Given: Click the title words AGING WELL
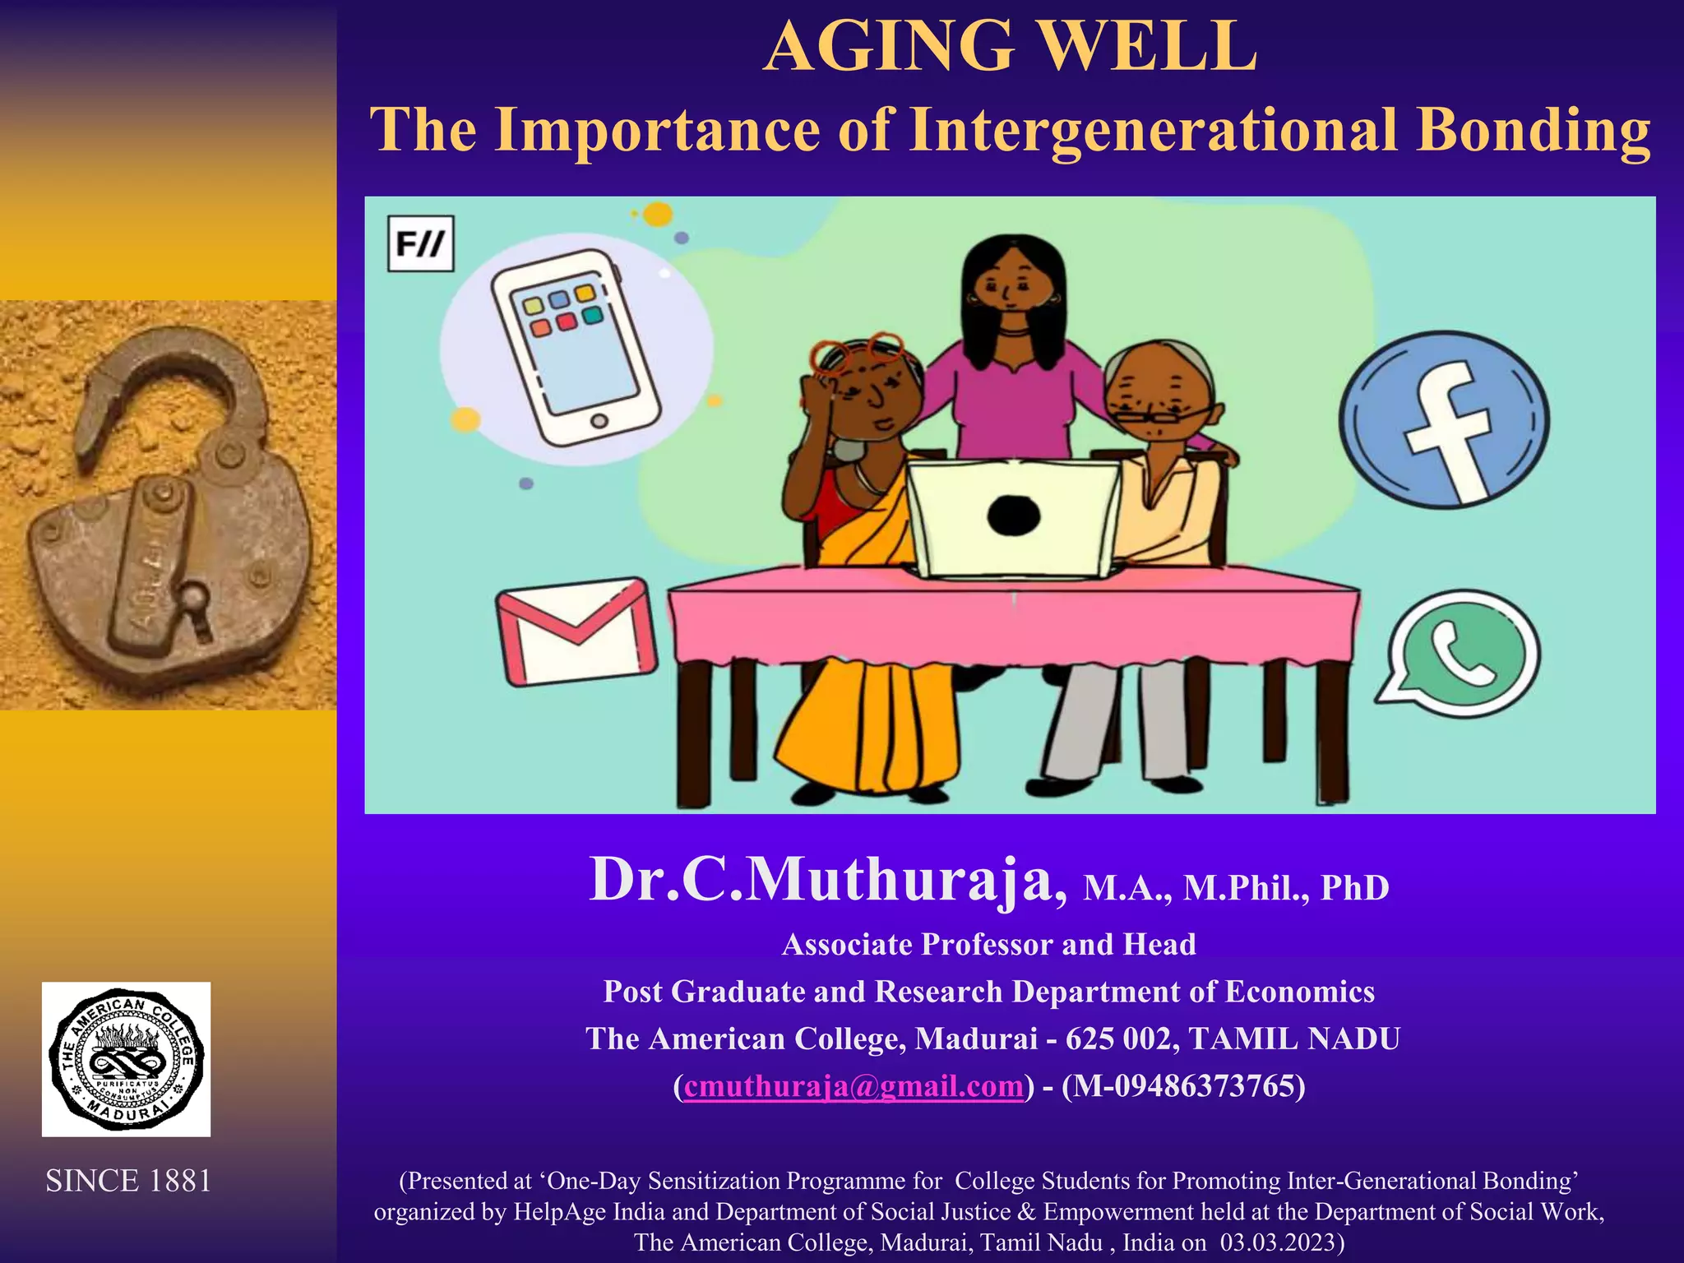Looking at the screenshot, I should coord(1010,47).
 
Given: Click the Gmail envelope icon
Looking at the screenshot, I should coord(577,631).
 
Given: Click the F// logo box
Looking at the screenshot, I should coord(420,243).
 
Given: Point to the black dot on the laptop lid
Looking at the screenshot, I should coord(1013,516).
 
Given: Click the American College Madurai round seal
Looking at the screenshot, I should coord(126,1058).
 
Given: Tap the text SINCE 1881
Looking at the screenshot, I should coord(128,1181).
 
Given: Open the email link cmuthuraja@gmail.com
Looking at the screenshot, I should coord(854,1086).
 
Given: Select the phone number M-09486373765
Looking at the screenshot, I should coord(1184,1086).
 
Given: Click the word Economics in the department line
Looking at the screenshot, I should coord(1299,992).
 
